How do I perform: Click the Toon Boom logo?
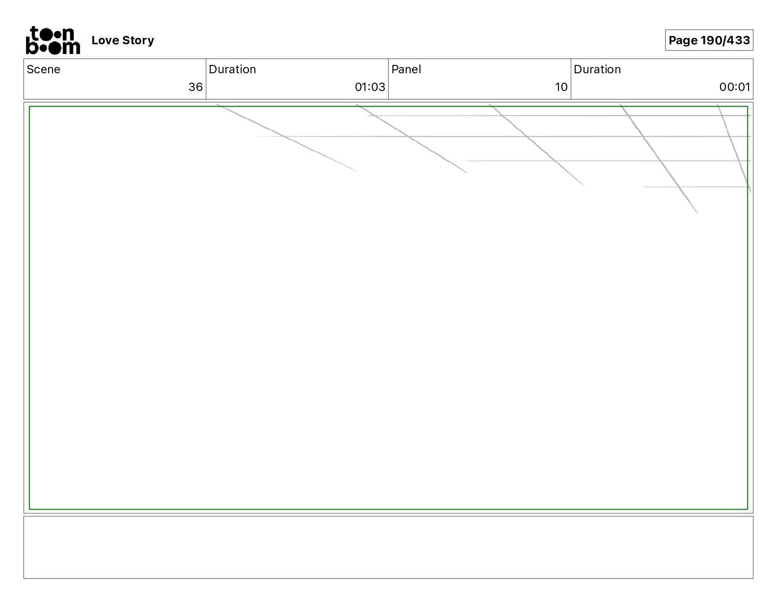click(x=53, y=40)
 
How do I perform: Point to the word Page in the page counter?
click(x=683, y=40)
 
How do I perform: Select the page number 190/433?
click(x=725, y=40)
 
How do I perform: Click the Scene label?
click(x=43, y=69)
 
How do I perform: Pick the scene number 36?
click(x=195, y=87)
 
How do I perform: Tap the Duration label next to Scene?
click(x=232, y=69)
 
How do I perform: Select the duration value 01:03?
click(x=370, y=87)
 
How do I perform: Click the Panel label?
click(x=406, y=69)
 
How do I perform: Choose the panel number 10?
click(x=561, y=87)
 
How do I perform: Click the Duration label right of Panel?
click(x=597, y=69)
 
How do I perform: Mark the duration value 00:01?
click(x=735, y=87)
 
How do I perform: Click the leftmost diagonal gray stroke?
click(x=287, y=138)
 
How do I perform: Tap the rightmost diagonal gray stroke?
click(x=734, y=148)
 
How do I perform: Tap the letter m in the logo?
click(x=71, y=48)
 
